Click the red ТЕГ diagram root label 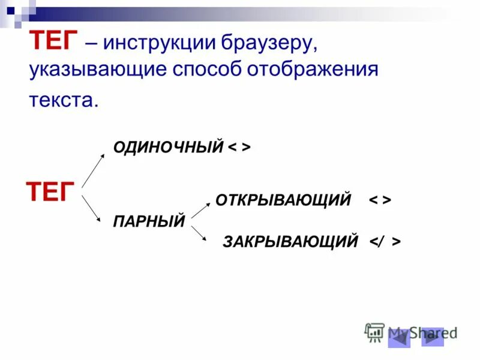coord(50,193)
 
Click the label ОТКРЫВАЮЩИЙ coord(283,200)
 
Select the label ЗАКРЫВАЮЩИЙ coord(290,241)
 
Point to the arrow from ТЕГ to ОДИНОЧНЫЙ coord(94,170)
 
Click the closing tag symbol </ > coord(385,241)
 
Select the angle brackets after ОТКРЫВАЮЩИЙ coord(380,200)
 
